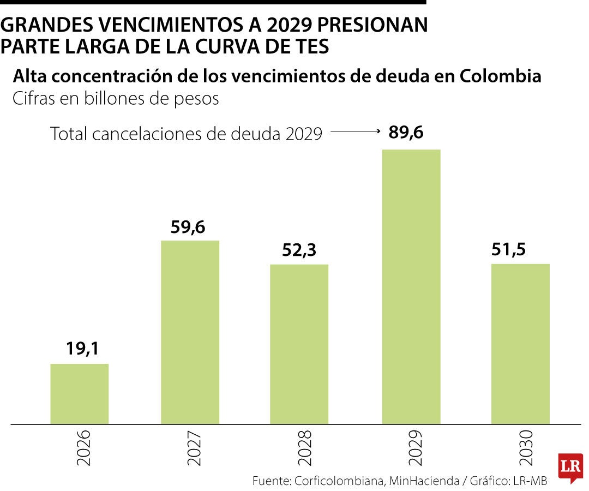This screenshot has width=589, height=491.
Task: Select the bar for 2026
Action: point(80,393)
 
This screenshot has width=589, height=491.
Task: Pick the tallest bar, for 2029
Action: point(411,286)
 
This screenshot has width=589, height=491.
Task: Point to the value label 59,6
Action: point(188,226)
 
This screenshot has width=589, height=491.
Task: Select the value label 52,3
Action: point(299,250)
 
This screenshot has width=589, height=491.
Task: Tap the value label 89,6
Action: point(406,133)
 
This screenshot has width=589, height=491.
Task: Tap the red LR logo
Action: point(569,467)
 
